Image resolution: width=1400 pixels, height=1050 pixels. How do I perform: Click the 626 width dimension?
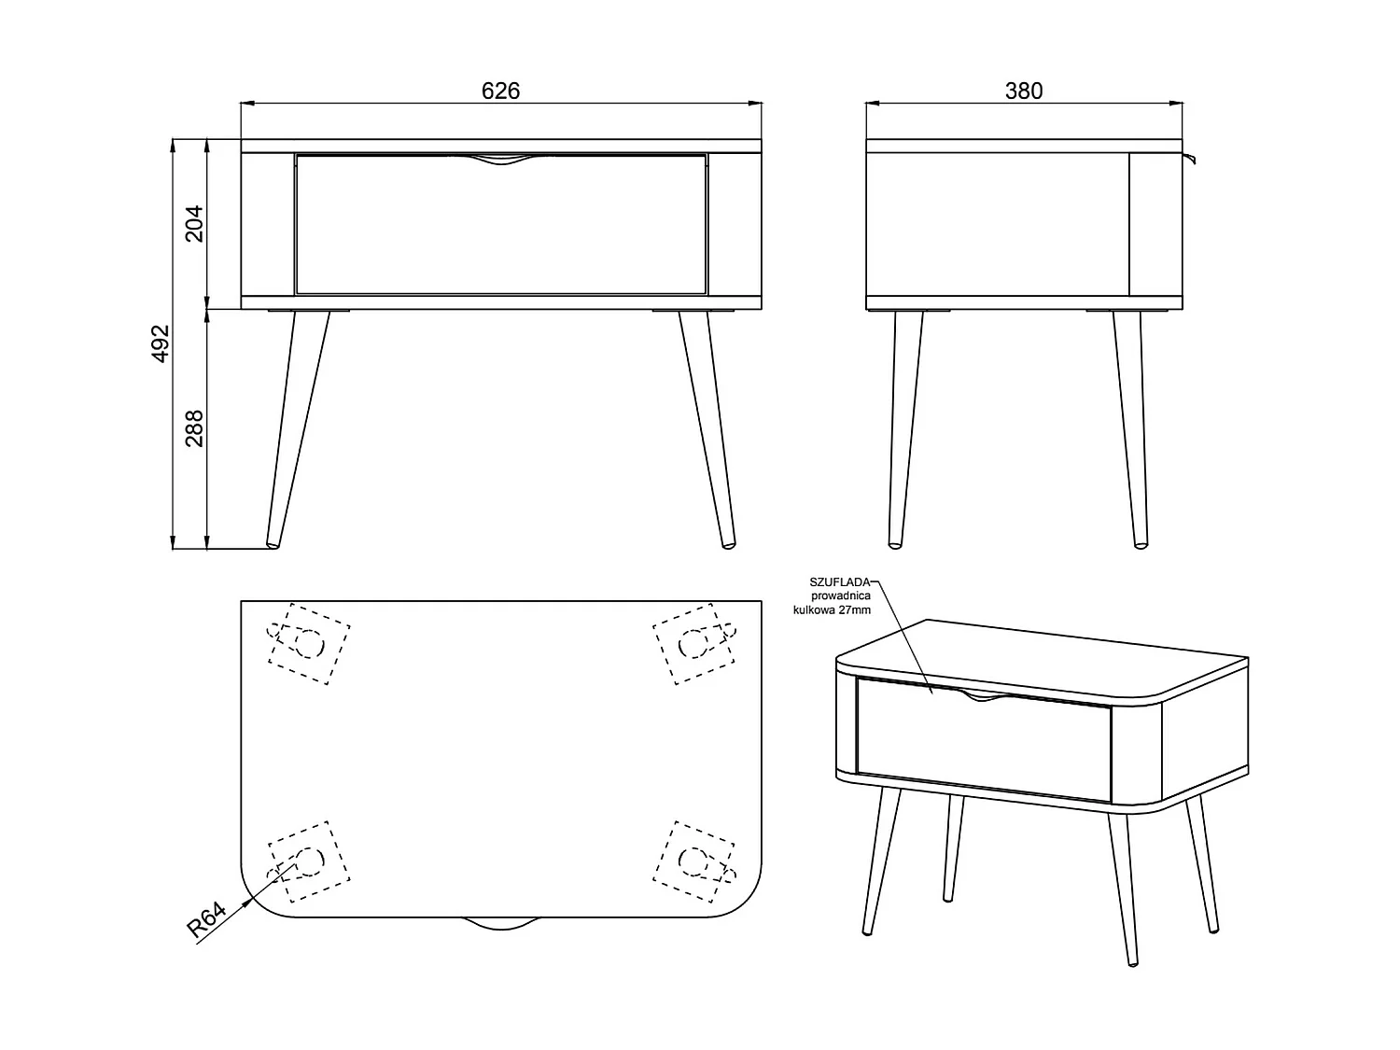(x=500, y=91)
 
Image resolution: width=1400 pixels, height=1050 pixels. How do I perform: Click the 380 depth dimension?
(x=1024, y=91)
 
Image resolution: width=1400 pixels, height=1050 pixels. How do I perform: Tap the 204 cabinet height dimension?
(x=194, y=223)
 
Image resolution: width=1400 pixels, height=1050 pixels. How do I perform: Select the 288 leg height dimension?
(x=194, y=427)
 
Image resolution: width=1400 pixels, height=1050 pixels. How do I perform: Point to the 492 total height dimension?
(x=161, y=343)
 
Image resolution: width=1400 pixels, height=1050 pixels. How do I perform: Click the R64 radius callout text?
(x=206, y=919)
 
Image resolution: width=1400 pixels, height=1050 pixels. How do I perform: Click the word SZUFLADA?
(x=840, y=582)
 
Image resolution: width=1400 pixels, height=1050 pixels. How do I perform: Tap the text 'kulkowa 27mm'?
(x=832, y=610)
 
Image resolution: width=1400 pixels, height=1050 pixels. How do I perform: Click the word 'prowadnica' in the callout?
(x=841, y=596)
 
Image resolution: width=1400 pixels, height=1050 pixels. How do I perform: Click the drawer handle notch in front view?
(x=501, y=160)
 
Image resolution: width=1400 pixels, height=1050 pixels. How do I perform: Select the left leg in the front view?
(x=297, y=429)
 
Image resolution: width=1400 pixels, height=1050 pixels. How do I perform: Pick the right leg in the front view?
(x=707, y=429)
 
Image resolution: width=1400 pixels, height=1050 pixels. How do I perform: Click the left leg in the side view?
(x=905, y=429)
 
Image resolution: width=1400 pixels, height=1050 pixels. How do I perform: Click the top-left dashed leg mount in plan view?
(x=309, y=643)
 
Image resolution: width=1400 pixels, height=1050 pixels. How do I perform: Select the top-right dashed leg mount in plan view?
(x=694, y=643)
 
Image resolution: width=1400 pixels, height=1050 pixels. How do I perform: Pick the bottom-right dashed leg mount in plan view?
(x=694, y=861)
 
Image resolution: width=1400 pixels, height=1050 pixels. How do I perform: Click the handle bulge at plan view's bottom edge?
(x=501, y=923)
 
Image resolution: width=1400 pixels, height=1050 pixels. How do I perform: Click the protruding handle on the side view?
(x=1189, y=158)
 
